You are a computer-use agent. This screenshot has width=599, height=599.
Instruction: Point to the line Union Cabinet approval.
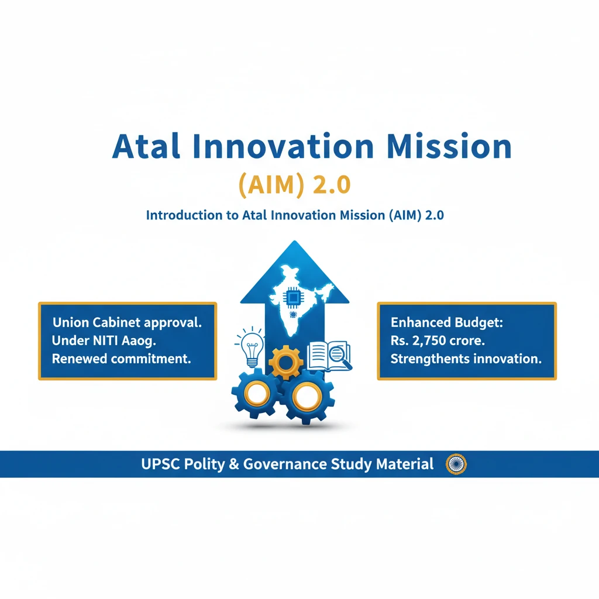(127, 322)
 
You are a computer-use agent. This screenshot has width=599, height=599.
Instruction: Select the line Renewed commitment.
(122, 359)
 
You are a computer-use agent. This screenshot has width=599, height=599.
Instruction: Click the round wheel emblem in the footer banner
(456, 464)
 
